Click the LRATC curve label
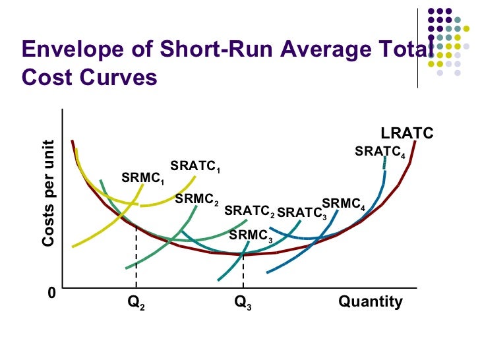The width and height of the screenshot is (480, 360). [x=407, y=134]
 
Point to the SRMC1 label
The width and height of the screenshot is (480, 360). [x=143, y=179]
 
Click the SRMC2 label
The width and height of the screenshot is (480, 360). [x=196, y=198]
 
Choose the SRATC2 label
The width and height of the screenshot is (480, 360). [x=249, y=211]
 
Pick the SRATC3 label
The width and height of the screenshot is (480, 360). [x=301, y=212]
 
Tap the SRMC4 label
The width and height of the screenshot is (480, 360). [x=343, y=204]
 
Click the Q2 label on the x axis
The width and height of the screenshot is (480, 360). [x=136, y=303]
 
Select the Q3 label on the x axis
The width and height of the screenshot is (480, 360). [x=243, y=303]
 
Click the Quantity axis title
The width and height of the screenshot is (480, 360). [x=370, y=302]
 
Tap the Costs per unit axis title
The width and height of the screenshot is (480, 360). [x=48, y=194]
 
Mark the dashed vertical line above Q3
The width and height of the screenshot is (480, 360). [x=243, y=270]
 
